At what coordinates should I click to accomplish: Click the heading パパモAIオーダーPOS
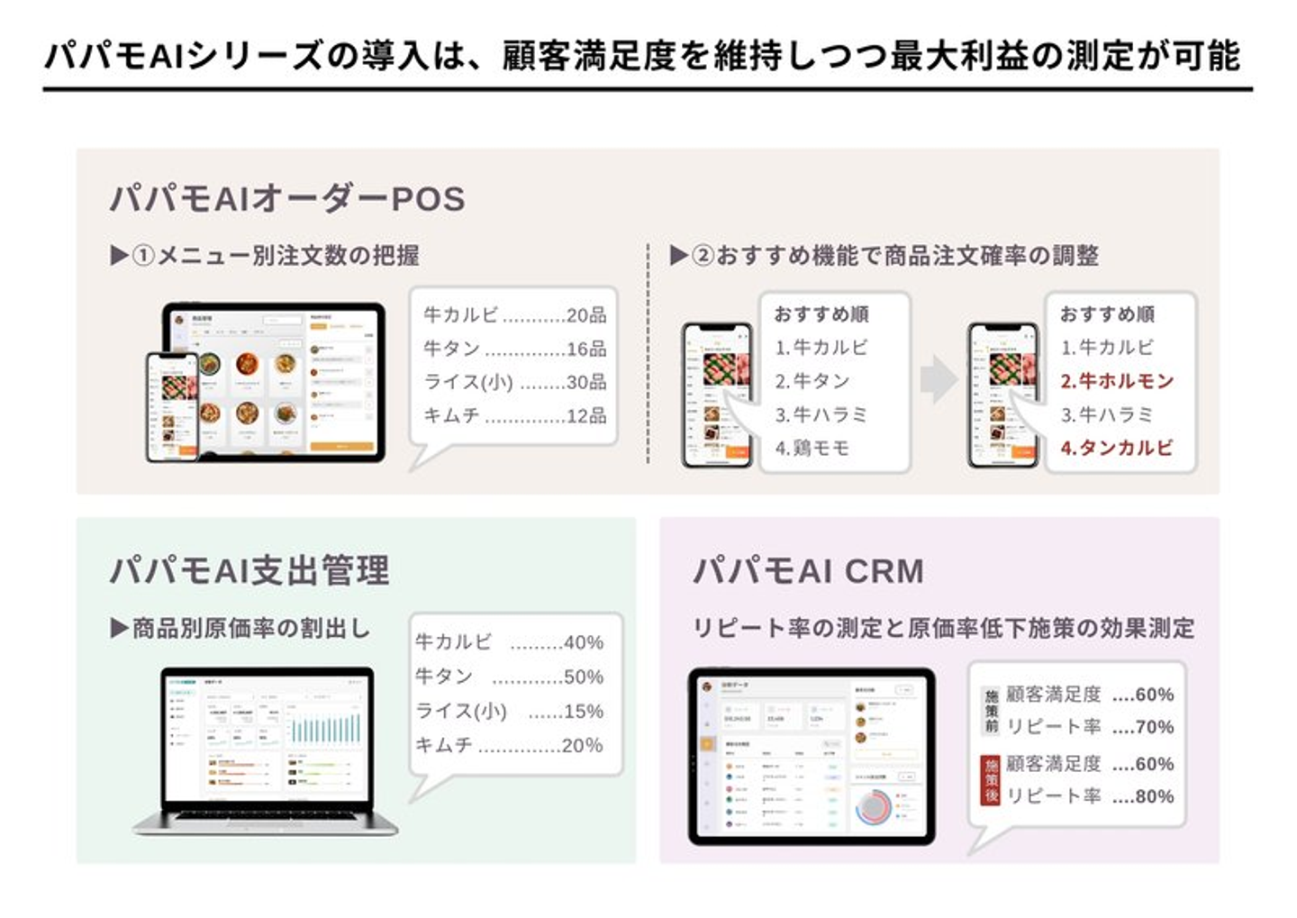click(287, 199)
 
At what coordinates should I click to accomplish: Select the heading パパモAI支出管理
click(249, 571)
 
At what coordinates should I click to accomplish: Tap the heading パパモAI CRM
click(808, 571)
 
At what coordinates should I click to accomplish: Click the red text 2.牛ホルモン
click(1117, 381)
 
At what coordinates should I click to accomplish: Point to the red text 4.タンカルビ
click(1117, 448)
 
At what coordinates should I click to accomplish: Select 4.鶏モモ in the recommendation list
click(812, 448)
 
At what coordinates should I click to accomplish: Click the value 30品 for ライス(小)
click(586, 382)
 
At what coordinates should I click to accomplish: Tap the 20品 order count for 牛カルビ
click(586, 315)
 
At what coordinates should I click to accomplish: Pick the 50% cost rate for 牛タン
click(583, 677)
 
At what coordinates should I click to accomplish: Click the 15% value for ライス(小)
click(583, 711)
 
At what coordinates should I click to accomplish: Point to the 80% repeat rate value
click(1154, 796)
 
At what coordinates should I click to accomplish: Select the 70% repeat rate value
click(1154, 727)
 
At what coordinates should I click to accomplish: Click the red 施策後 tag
click(991, 780)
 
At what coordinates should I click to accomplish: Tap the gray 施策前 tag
click(991, 711)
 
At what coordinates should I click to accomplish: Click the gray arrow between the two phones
click(939, 379)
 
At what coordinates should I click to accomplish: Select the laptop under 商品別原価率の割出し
click(267, 750)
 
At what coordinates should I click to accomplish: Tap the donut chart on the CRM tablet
click(872, 808)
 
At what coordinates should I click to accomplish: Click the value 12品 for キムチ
click(586, 416)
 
